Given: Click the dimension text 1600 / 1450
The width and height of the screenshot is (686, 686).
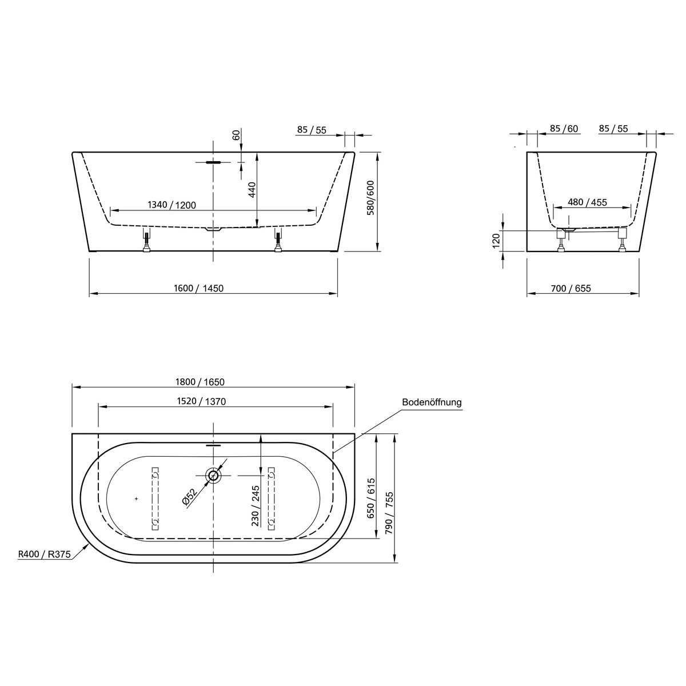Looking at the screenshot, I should point(198,288).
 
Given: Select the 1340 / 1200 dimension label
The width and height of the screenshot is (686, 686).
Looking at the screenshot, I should point(172,205).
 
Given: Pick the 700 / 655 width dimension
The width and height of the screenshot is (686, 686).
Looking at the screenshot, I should point(571,288).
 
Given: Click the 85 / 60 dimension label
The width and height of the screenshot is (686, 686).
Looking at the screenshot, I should point(563,129).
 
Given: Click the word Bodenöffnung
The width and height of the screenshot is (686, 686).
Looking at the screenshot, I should point(432,402).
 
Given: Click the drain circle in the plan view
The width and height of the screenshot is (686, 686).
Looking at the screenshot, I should point(213,475).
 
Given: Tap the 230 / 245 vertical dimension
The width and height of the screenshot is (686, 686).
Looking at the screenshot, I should point(255,505).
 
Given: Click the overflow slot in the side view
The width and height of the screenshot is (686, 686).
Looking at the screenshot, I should point(213,162).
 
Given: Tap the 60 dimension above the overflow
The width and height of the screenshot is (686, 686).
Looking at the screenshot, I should point(234,135).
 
